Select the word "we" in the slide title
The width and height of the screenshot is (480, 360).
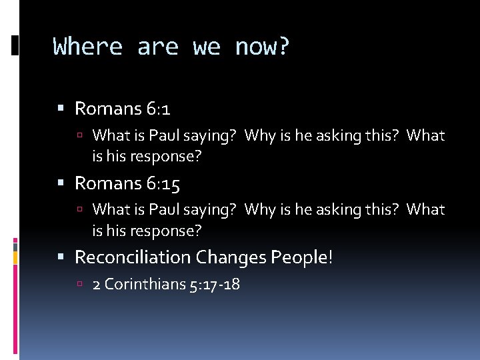207,47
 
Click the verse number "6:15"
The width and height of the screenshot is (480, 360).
165,183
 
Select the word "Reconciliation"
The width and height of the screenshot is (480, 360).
133,257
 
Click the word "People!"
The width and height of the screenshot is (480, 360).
301,257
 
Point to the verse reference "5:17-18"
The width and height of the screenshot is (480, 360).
215,285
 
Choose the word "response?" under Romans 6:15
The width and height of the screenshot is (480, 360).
168,231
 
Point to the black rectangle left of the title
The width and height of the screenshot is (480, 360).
15,45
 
